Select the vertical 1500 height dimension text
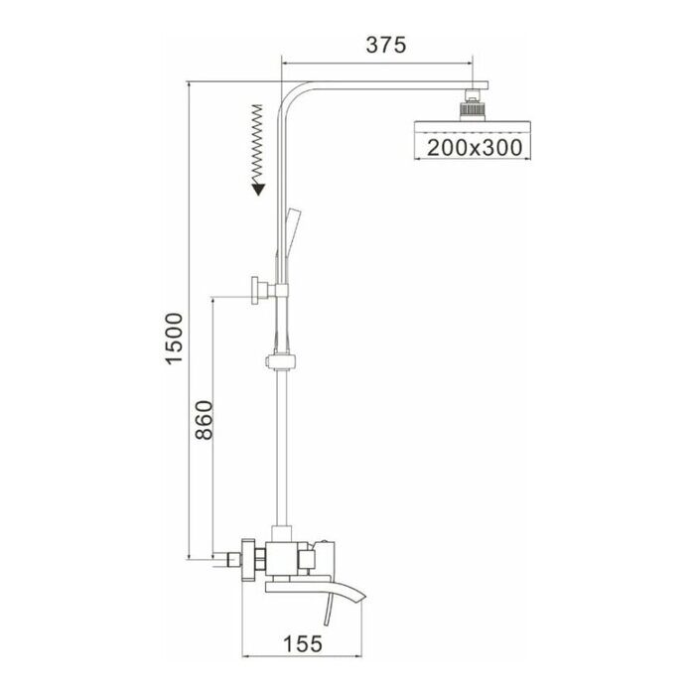(175, 338)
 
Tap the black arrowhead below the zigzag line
(257, 188)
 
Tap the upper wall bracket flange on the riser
(261, 293)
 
